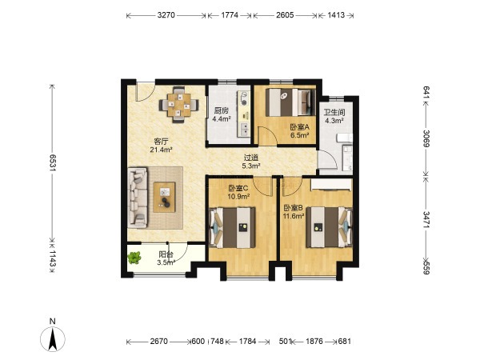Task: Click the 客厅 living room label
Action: click(161, 142)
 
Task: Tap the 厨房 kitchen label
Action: click(221, 110)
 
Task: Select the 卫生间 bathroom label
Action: click(334, 112)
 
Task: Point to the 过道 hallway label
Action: click(251, 158)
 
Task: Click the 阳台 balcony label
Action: click(166, 254)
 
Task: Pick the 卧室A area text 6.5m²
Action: click(299, 135)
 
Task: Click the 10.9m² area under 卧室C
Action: click(238, 197)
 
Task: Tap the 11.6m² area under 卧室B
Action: click(294, 216)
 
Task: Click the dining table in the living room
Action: click(178, 105)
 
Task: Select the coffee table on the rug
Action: click(164, 197)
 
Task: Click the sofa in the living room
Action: click(138, 198)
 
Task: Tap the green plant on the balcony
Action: click(134, 258)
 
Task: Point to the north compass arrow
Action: click(53, 339)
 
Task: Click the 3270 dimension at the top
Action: click(166, 15)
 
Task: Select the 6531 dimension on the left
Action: click(53, 162)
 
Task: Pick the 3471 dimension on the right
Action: click(426, 219)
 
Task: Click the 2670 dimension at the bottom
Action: click(159, 341)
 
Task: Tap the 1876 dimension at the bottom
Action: click(314, 341)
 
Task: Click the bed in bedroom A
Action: click(290, 102)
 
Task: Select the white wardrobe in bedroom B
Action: click(331, 185)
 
